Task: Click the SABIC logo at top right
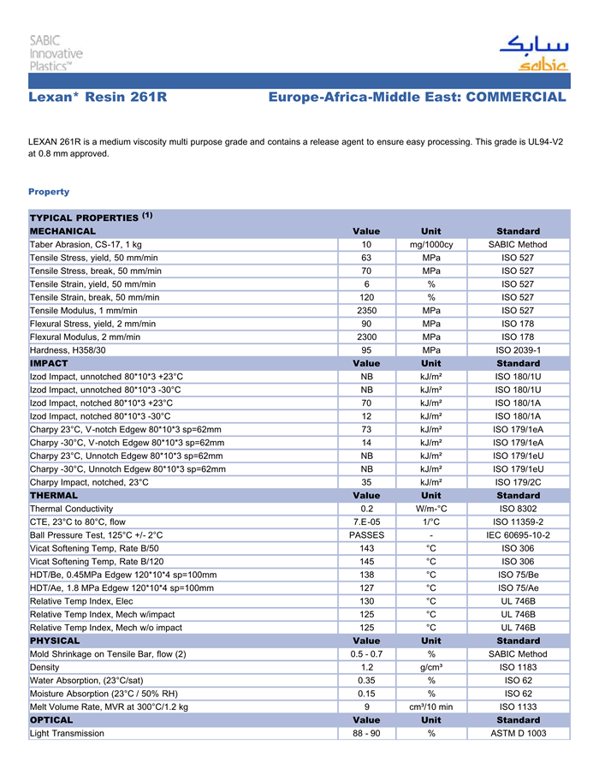click(x=534, y=53)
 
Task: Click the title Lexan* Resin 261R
click(x=98, y=98)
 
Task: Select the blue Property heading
click(x=49, y=192)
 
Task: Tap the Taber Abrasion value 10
click(x=366, y=245)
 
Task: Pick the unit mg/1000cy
click(x=431, y=245)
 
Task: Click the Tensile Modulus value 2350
click(x=366, y=310)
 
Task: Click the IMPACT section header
click(x=49, y=363)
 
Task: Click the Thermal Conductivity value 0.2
click(x=366, y=509)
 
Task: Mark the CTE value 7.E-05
click(x=366, y=522)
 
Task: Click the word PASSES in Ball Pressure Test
click(x=366, y=535)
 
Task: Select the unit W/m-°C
click(x=431, y=509)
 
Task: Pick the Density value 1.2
click(x=366, y=667)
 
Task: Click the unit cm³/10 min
click(x=431, y=707)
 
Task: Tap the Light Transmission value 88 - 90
click(x=366, y=734)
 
